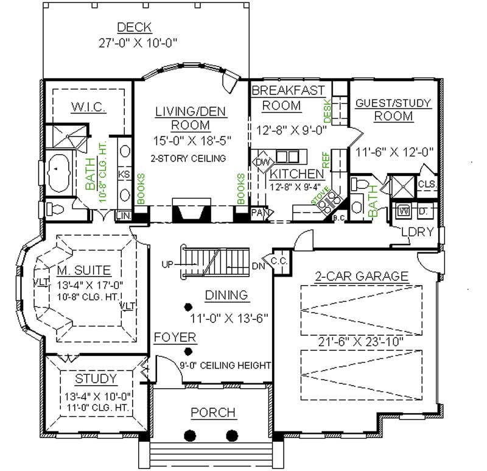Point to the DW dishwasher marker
coord(261,162)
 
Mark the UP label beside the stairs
coord(169,264)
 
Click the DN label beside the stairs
coord(258,266)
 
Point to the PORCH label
coord(213,413)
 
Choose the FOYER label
coord(174,337)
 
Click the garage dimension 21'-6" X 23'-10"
coord(359,341)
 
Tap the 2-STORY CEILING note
coord(188,158)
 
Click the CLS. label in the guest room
coord(427,184)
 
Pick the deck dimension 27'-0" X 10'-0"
coord(141,43)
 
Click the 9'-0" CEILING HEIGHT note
coord(225,366)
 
